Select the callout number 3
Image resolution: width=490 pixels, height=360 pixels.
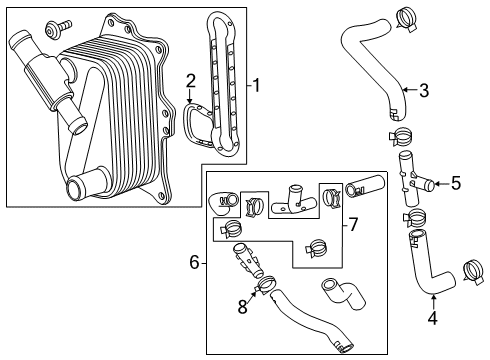coord(423,91)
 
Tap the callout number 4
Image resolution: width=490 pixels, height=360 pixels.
coord(432,320)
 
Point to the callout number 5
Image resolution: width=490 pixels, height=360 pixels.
coord(456,183)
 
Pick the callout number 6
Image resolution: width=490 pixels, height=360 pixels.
coord(195,263)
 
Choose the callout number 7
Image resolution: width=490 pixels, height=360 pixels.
coord(352,223)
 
